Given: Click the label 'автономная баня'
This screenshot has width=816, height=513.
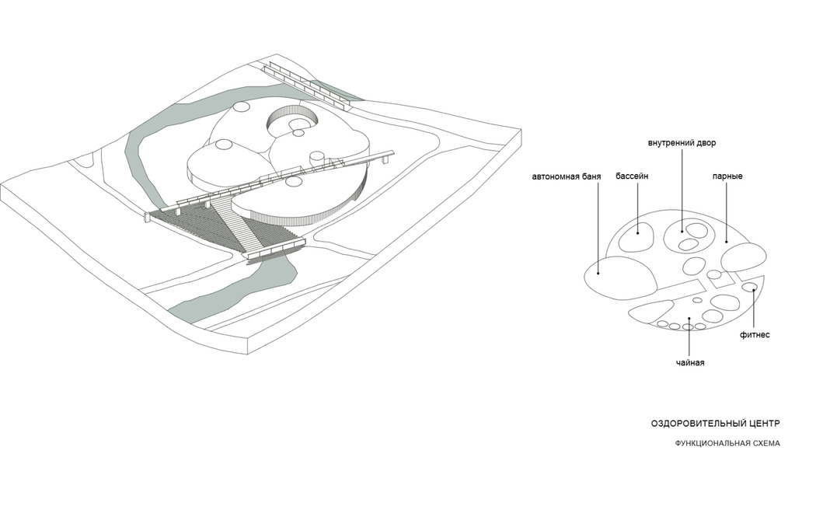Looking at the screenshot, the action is click(567, 176).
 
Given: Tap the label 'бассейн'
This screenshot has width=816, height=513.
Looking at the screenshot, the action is click(632, 176).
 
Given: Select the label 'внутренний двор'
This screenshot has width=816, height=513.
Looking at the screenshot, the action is click(682, 142).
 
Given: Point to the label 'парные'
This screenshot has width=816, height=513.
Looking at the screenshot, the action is click(727, 176).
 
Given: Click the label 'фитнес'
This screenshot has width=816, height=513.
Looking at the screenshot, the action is click(755, 334).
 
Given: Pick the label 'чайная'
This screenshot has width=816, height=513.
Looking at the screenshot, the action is click(690, 363).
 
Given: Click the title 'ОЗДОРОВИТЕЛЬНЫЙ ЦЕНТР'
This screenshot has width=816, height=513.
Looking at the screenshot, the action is click(716, 424).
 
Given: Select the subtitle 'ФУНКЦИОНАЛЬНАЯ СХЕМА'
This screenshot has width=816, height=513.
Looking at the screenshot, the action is click(727, 443).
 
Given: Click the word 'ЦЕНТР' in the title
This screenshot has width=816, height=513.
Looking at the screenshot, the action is click(763, 424).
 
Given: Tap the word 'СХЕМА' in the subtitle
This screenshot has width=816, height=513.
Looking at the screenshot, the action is click(766, 443).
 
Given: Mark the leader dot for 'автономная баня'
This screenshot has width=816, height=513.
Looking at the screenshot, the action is click(598, 272).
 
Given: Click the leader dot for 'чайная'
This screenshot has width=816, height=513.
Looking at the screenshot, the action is click(689, 319).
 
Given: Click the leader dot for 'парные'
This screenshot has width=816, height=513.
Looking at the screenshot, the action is click(727, 242).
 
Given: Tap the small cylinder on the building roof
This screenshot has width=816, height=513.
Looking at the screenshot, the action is click(317, 158).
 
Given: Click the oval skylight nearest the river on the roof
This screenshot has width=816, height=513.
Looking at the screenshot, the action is click(241, 108).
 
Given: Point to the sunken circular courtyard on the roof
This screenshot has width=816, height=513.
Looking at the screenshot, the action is click(292, 121).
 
